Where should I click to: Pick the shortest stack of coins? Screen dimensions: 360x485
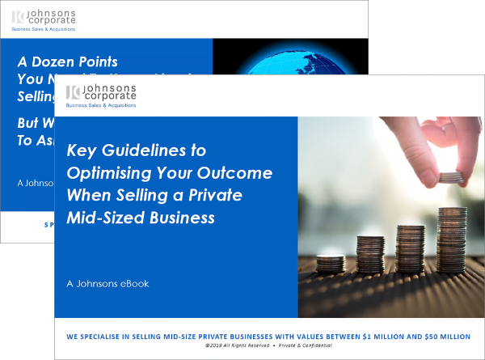pos(330,265)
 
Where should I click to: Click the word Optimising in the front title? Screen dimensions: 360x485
pos(116,173)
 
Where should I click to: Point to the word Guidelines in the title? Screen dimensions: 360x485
pos(154,151)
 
